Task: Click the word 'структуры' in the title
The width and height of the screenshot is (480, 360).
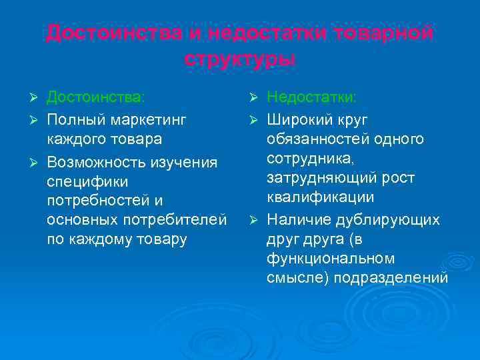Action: coord(239,58)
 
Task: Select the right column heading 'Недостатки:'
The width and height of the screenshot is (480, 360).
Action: coord(311,97)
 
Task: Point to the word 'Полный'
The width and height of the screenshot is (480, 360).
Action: coord(71,119)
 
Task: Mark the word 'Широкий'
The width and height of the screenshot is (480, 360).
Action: coord(297,119)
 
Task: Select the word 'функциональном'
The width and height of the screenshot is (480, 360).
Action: coord(330,259)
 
